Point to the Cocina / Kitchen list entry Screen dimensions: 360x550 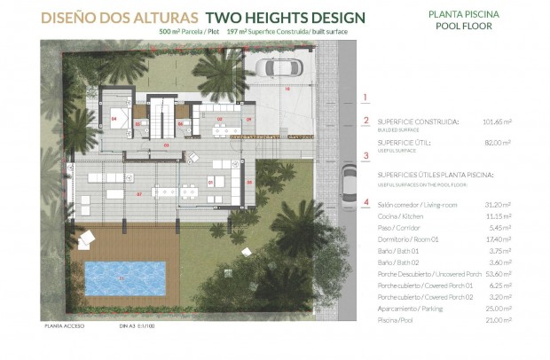pos(400,216)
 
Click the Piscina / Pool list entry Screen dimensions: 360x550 pos(397,319)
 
